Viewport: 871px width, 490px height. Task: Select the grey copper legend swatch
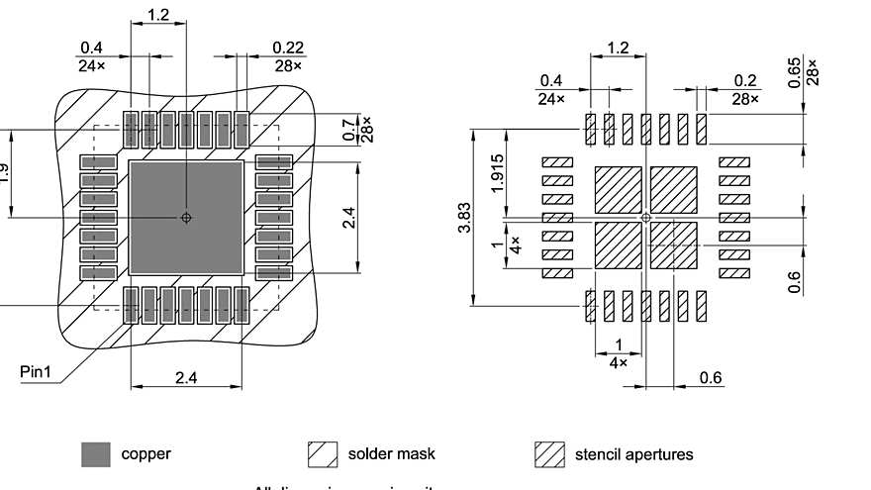pos(96,454)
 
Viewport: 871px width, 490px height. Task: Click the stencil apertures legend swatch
pos(549,454)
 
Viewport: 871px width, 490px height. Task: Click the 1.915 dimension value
pos(498,172)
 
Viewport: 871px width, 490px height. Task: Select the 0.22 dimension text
pos(289,48)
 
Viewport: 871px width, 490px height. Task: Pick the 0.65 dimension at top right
pos(795,71)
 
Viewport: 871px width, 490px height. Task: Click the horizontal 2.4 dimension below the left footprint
pos(186,377)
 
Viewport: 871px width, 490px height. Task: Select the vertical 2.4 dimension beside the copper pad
pos(347,218)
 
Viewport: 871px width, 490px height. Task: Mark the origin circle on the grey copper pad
pos(186,218)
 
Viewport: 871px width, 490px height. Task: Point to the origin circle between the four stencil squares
pos(645,217)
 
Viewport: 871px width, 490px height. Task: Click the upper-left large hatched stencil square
pos(618,189)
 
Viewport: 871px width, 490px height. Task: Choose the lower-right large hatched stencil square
pos(673,245)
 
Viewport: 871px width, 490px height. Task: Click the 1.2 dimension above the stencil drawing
pos(618,48)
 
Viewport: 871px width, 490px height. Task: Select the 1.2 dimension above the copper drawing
pos(158,15)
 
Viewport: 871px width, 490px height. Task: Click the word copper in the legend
pos(145,454)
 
